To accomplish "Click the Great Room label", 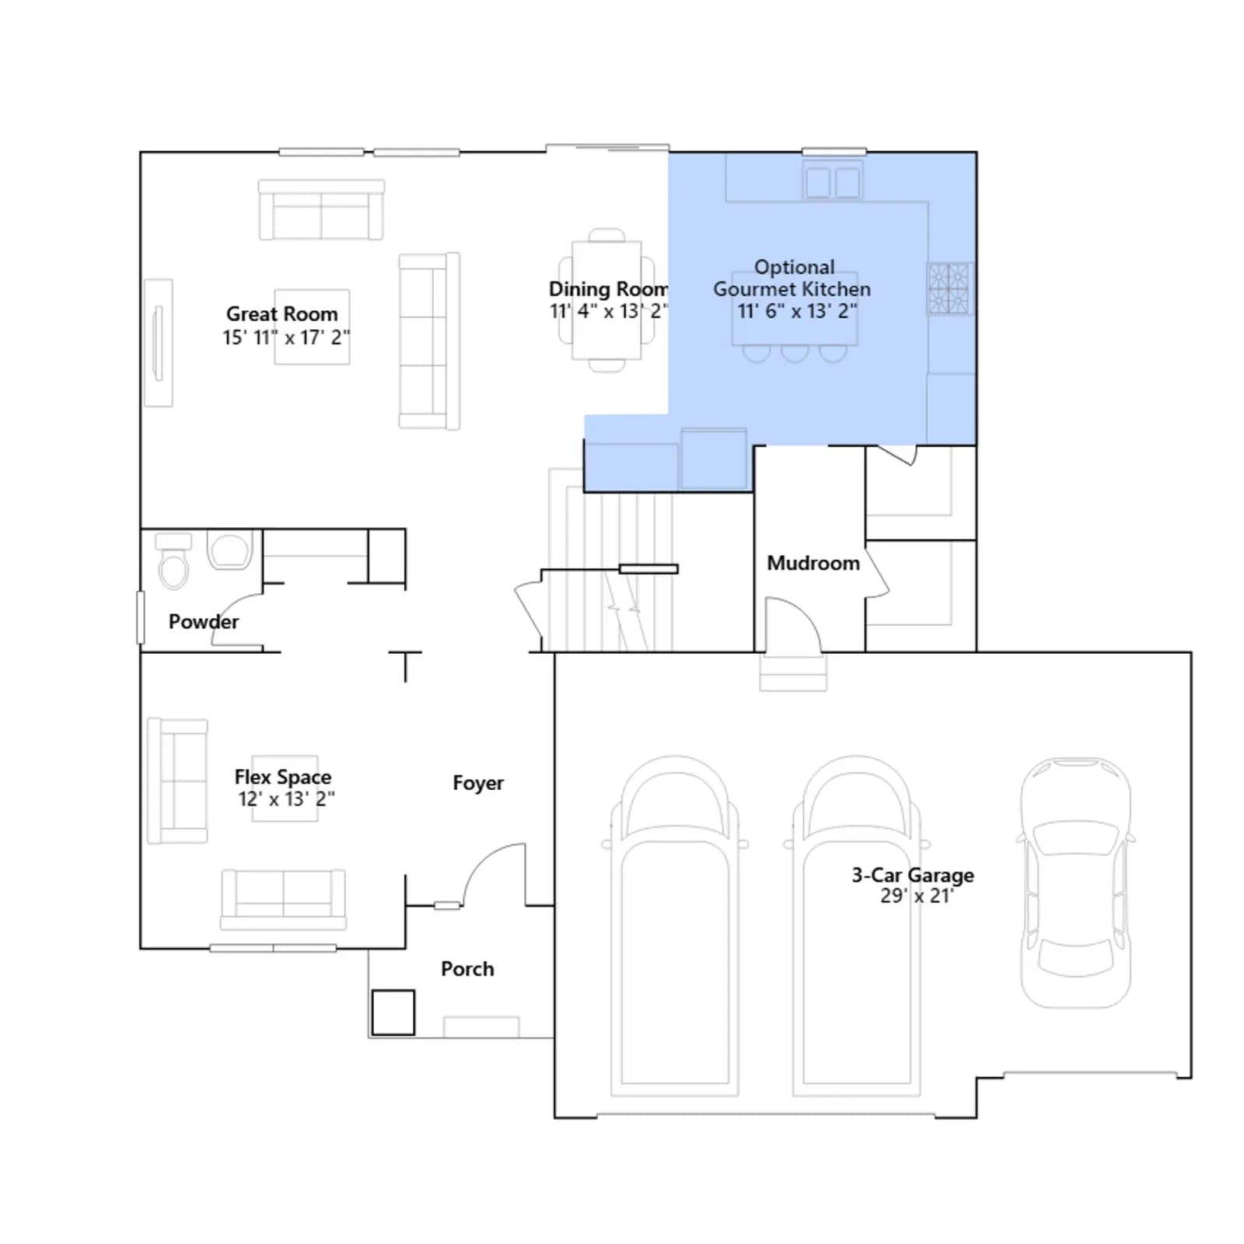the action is pyautogui.click(x=282, y=314).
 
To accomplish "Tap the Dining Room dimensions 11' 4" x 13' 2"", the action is pyautogui.click(x=609, y=311).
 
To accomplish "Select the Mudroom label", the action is pyautogui.click(x=813, y=563).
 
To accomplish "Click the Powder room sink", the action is pyautogui.click(x=230, y=550).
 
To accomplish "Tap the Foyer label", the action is pyautogui.click(x=478, y=783).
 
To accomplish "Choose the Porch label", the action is pyautogui.click(x=467, y=969).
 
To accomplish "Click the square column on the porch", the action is pyautogui.click(x=393, y=1012).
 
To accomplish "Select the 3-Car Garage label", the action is pyautogui.click(x=913, y=875).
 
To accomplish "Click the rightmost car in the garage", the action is pyautogui.click(x=1075, y=882).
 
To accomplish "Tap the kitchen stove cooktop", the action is pyautogui.click(x=949, y=288).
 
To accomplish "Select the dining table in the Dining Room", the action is pyautogui.click(x=607, y=300).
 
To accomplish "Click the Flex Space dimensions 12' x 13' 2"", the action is pyautogui.click(x=286, y=799).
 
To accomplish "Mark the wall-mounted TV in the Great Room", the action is pyautogui.click(x=159, y=343).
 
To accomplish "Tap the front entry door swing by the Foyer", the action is pyautogui.click(x=494, y=874).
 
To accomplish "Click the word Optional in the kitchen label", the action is pyautogui.click(x=794, y=267).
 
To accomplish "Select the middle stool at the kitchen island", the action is pyautogui.click(x=795, y=354).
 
